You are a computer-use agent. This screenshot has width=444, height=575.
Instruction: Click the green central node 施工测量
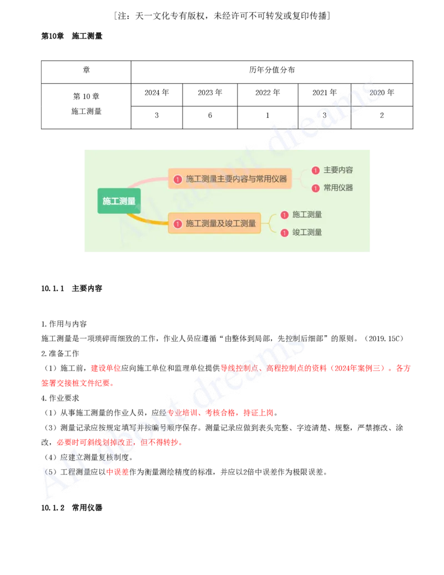[x=119, y=201]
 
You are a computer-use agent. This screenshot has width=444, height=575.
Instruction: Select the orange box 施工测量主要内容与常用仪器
[x=230, y=179]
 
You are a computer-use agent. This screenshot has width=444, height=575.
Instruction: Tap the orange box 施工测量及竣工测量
[x=215, y=223]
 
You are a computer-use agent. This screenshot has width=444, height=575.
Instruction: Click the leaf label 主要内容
[x=338, y=170]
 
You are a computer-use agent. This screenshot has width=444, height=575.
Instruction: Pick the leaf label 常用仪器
[x=338, y=188]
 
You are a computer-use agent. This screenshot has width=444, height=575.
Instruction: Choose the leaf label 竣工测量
[x=307, y=232]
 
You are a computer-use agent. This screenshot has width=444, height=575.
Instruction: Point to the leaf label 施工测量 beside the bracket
[x=307, y=214]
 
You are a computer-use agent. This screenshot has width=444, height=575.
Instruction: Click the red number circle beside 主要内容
[x=315, y=171]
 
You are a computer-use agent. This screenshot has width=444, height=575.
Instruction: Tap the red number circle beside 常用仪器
[x=315, y=188]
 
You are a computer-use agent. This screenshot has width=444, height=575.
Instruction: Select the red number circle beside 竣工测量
[x=284, y=233]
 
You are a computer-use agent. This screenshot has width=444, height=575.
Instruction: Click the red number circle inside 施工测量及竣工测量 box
[x=178, y=224]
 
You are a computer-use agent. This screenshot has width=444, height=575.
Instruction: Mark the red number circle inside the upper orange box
[x=178, y=179]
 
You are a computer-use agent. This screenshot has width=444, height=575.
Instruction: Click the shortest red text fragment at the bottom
[x=118, y=471]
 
